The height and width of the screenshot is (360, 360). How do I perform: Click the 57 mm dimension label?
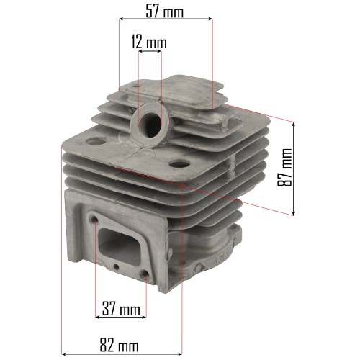165,12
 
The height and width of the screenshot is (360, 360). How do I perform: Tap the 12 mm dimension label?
149,42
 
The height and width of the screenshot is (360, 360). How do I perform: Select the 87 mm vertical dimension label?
285,168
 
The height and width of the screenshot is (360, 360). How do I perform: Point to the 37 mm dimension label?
121,309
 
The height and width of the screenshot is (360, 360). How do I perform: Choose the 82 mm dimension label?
119,345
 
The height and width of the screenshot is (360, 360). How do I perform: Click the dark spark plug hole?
150,125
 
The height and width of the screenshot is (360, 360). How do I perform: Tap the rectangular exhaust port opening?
120,246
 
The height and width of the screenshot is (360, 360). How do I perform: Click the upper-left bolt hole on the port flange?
94,220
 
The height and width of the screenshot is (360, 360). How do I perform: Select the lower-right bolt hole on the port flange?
145,274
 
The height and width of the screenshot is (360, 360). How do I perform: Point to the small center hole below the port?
117,266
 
